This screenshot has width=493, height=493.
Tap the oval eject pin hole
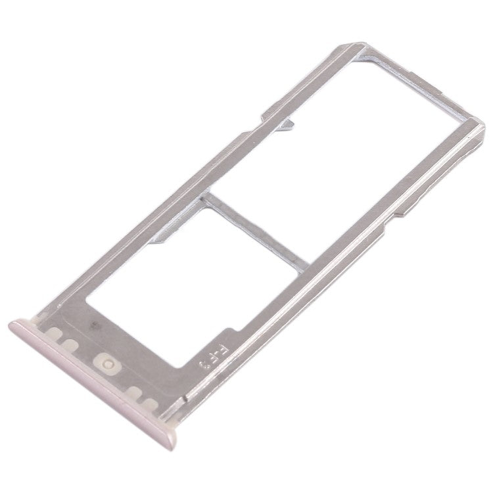(106, 360)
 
